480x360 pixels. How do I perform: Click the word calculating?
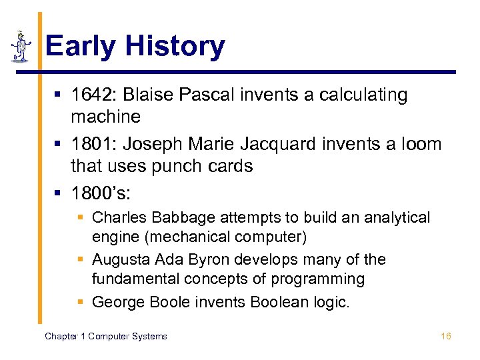(363, 95)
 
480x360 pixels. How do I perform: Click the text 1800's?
(101, 193)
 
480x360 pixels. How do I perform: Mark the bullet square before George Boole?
(80, 302)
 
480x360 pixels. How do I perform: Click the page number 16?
(446, 336)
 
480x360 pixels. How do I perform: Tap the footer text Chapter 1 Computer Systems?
(106, 336)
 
